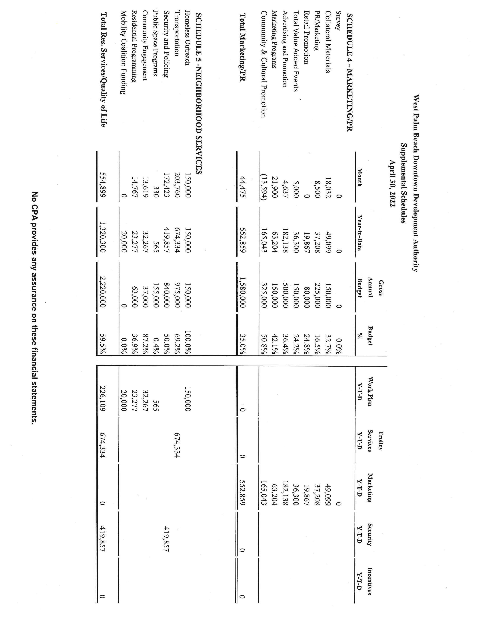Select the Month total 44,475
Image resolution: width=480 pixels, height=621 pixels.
tap(242, 186)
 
